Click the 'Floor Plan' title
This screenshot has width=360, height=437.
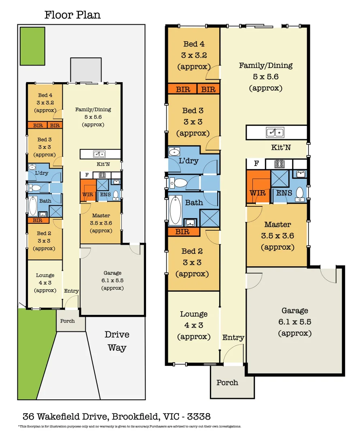coord(72,15)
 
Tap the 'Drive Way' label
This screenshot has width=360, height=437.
coord(117,341)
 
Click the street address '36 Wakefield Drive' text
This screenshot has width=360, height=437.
coord(65,416)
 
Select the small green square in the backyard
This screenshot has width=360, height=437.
coord(33,46)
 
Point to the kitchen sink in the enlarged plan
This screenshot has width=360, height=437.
coord(275,132)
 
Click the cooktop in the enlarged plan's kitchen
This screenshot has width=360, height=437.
coord(279,164)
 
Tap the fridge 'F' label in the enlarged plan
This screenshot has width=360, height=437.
coord(256,164)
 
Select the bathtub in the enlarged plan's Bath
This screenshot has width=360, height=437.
coord(176,210)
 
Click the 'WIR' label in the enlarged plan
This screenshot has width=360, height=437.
coord(258,193)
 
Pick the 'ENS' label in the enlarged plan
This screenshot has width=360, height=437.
coord(284,193)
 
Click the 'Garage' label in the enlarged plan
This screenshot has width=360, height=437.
coord(295,311)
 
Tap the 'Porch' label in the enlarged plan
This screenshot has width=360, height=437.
coord(227,382)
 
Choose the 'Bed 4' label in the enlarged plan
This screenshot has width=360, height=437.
coord(194,44)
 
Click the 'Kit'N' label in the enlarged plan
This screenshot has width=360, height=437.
coord(281,148)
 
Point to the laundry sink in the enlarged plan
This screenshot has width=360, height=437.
coord(174,152)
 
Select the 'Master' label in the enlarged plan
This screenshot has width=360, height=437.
coord(277,225)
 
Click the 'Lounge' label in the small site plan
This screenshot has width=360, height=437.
coord(45,275)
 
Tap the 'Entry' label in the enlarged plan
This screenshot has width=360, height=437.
coord(233,337)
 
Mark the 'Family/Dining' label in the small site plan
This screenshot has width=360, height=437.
coord(93,109)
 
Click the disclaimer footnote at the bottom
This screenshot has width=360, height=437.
coord(129,426)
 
